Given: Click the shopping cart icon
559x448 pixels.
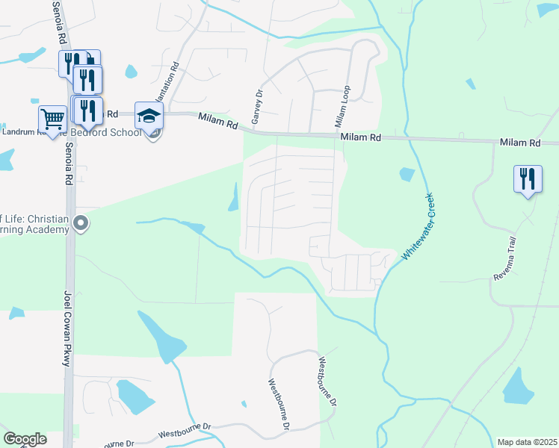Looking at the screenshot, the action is tap(52, 118).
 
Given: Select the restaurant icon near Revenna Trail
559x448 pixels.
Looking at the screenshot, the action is tap(528, 178).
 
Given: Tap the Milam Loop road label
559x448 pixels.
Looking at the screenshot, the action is tap(341, 106).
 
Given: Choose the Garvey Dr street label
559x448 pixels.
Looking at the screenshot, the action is tap(257, 107).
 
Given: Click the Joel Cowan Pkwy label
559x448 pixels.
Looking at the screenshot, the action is tap(67, 328).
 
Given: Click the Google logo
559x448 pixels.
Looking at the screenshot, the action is tap(25, 438).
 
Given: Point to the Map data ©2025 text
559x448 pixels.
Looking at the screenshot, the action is tap(526, 442).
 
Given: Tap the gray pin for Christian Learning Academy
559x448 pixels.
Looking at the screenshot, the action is tap(82, 223).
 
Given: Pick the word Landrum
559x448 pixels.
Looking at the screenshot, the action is tap(21, 133).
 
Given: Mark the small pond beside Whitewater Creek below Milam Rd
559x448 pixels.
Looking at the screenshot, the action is tap(407, 175).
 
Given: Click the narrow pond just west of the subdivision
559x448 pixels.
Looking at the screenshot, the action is tap(234, 197).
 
